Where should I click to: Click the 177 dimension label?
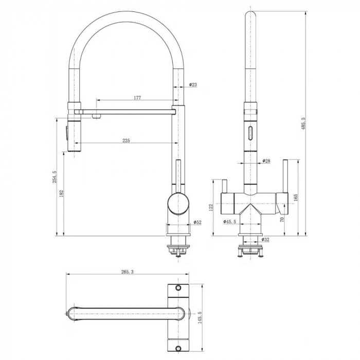(x=137, y=98)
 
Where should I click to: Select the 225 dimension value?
(x=126, y=140)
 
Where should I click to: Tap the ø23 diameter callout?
(x=193, y=85)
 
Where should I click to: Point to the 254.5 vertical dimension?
(x=55, y=177)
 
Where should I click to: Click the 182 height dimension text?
(x=61, y=193)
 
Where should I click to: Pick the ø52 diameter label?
(x=197, y=222)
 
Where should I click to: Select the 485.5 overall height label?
(x=303, y=123)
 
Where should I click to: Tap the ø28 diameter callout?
(x=266, y=160)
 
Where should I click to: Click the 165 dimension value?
(x=296, y=197)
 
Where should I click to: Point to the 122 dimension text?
(x=211, y=207)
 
